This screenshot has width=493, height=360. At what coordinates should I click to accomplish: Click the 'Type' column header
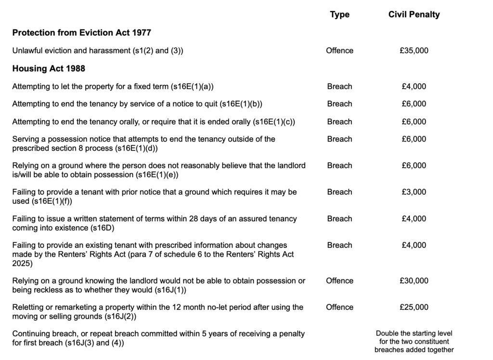339,14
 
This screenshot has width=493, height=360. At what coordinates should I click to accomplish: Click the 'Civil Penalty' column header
414,14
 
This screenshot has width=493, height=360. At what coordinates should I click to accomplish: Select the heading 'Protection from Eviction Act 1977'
81,33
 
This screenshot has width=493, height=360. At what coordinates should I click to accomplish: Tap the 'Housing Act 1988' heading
49,68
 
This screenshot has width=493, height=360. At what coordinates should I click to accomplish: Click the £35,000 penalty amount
414,51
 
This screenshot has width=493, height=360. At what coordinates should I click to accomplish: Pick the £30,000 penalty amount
414,280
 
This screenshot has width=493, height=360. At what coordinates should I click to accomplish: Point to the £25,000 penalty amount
414,307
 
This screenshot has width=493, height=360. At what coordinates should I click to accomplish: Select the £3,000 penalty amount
414,192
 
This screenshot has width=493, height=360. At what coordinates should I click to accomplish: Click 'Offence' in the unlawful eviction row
339,51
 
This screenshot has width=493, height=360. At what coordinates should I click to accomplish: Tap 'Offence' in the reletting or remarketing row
339,307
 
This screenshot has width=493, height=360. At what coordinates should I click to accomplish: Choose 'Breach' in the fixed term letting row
339,87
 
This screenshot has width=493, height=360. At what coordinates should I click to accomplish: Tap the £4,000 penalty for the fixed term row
414,87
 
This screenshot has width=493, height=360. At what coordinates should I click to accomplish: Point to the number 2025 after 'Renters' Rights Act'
22,263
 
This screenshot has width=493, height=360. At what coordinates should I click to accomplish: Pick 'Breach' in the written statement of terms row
339,218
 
